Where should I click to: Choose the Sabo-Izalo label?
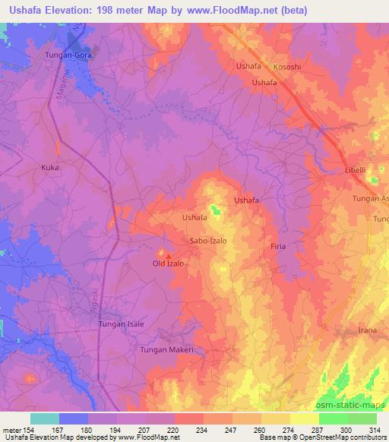pos(207,241)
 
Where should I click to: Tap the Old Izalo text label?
pos(168,264)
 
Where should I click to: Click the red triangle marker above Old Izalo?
pos(168,254)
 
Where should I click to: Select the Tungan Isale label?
pos(121,324)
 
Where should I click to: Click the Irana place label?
pos(368,331)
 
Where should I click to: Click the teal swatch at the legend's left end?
pos(44,418)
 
